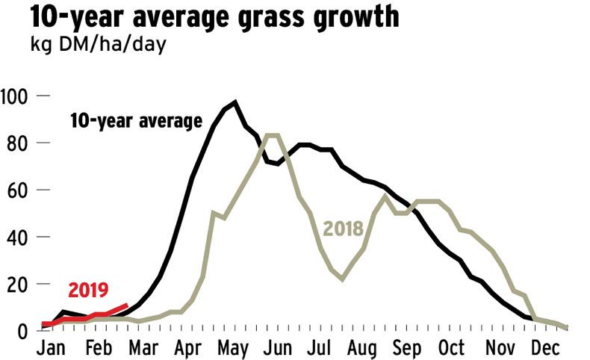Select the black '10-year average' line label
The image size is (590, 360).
tap(136, 121)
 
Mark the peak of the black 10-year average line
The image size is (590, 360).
tap(235, 102)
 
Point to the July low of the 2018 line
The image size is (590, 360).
tap(342, 279)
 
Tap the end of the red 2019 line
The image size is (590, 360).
tap(128, 305)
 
